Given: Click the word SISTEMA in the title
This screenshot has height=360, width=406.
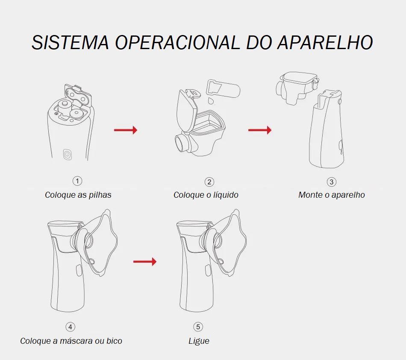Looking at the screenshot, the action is click(x=70, y=42).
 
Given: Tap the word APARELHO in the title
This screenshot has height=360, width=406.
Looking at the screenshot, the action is click(x=325, y=42).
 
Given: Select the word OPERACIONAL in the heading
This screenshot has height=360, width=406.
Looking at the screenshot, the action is click(x=177, y=42).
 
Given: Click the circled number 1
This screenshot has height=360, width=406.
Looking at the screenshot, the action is click(x=77, y=181).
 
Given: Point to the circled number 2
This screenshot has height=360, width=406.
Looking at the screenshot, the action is click(x=209, y=182).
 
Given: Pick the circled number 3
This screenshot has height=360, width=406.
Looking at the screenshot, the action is click(x=332, y=182).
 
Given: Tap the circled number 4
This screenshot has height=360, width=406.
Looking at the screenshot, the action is click(x=70, y=327).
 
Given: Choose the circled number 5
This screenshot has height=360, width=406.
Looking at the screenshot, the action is click(x=198, y=327).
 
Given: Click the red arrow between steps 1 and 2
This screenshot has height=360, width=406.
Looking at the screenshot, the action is click(x=126, y=130).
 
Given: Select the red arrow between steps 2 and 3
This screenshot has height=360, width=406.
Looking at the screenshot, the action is click(x=260, y=130).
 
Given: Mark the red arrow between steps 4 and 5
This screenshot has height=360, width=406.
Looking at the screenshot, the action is click(x=145, y=262).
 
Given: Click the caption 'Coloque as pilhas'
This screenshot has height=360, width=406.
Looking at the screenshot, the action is click(x=78, y=195).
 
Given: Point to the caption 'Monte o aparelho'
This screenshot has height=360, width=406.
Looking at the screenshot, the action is click(x=332, y=195).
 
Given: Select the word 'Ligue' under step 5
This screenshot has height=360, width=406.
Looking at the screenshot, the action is click(x=199, y=341).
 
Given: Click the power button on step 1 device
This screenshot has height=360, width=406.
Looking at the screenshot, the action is click(x=67, y=155).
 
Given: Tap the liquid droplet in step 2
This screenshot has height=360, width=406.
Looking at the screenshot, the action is click(x=211, y=101).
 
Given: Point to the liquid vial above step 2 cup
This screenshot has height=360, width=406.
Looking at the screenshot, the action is click(x=223, y=88).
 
